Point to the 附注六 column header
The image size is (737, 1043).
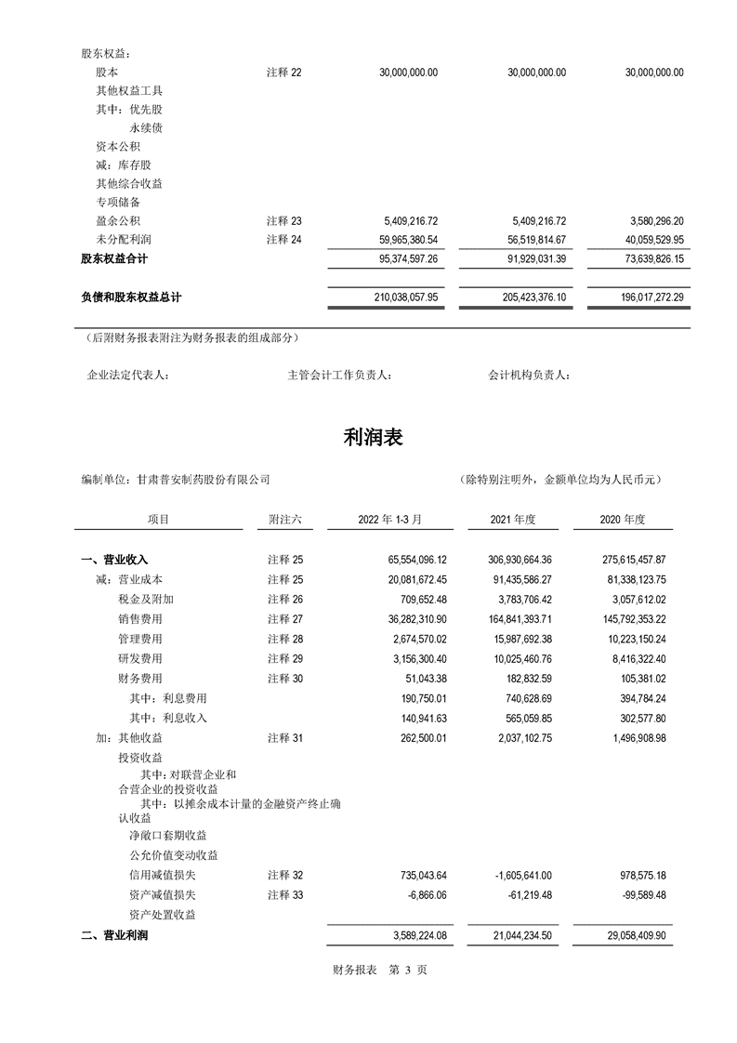pyautogui.click(x=284, y=520)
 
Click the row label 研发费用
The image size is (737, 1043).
pyautogui.click(x=139, y=658)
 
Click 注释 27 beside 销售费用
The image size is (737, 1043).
pyautogui.click(x=284, y=619)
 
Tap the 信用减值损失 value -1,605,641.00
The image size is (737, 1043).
pyautogui.click(x=518, y=875)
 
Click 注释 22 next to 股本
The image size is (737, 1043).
pyautogui.click(x=284, y=72)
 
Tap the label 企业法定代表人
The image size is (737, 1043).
pyautogui.click(x=127, y=376)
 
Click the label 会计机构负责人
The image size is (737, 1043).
pyautogui.click(x=529, y=376)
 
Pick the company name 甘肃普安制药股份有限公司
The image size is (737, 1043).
pyautogui.click(x=203, y=480)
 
